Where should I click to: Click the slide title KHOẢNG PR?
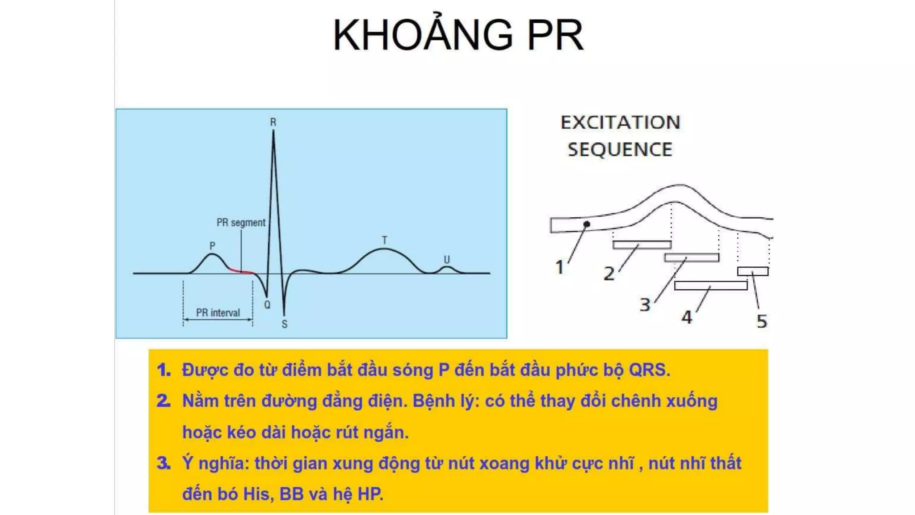pyautogui.click(x=458, y=35)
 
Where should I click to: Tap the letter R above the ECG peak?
pyautogui.click(x=273, y=122)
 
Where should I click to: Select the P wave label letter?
pyautogui.click(x=212, y=245)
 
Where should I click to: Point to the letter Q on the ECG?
pyautogui.click(x=267, y=305)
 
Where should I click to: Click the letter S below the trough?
pyautogui.click(x=285, y=325)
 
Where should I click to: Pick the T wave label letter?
pyautogui.click(x=384, y=240)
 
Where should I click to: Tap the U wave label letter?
pyautogui.click(x=446, y=259)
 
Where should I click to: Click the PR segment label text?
pyautogui.click(x=241, y=222)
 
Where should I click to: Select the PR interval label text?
pyautogui.click(x=218, y=312)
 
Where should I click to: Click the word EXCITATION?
pyautogui.click(x=620, y=122)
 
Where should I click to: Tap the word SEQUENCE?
pyautogui.click(x=620, y=150)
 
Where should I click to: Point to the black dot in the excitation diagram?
pyautogui.click(x=587, y=224)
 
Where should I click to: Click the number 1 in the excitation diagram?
pyautogui.click(x=559, y=267)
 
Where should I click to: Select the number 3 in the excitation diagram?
pyautogui.click(x=645, y=305)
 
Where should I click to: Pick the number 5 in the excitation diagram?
pyautogui.click(x=762, y=321)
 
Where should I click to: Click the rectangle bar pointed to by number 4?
pyautogui.click(x=710, y=285)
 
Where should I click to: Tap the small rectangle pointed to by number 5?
pyautogui.click(x=753, y=271)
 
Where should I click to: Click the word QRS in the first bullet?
pyautogui.click(x=649, y=370)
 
